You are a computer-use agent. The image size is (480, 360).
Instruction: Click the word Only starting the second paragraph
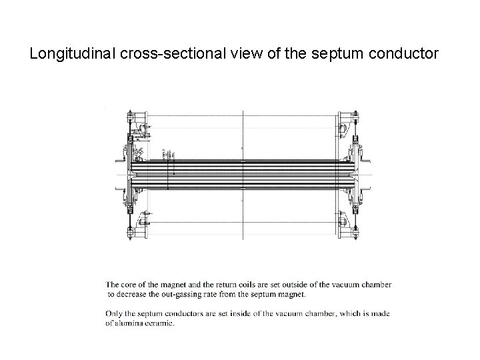tap(115, 313)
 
